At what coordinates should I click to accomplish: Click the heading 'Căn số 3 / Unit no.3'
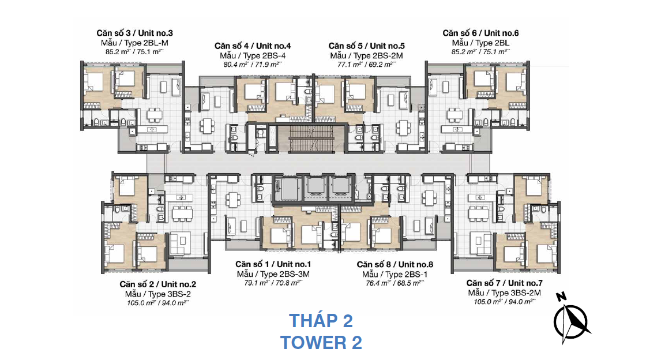(x=134, y=33)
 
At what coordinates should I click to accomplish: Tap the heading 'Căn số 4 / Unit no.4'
(x=253, y=46)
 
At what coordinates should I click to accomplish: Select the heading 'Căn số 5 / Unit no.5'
(x=366, y=46)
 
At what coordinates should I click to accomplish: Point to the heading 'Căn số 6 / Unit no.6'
(x=480, y=33)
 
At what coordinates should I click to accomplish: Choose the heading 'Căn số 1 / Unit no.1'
(x=273, y=264)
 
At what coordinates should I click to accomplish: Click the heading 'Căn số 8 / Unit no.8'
(x=395, y=264)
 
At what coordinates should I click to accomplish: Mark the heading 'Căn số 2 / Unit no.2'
(x=158, y=284)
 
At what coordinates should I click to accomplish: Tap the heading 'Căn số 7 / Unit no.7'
(x=504, y=283)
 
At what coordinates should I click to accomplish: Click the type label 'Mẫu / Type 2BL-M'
(x=134, y=43)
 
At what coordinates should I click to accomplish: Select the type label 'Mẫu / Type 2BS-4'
(x=253, y=55)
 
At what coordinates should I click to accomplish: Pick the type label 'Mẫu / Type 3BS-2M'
(x=504, y=293)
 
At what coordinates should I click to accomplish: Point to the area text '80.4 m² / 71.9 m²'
(x=253, y=64)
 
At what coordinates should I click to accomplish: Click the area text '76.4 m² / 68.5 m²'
(x=395, y=283)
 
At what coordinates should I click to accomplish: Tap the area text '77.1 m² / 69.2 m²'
(x=366, y=64)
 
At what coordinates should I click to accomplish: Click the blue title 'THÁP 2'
(x=321, y=321)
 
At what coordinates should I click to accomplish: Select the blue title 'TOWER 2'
(x=321, y=343)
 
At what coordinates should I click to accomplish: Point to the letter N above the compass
(x=561, y=296)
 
